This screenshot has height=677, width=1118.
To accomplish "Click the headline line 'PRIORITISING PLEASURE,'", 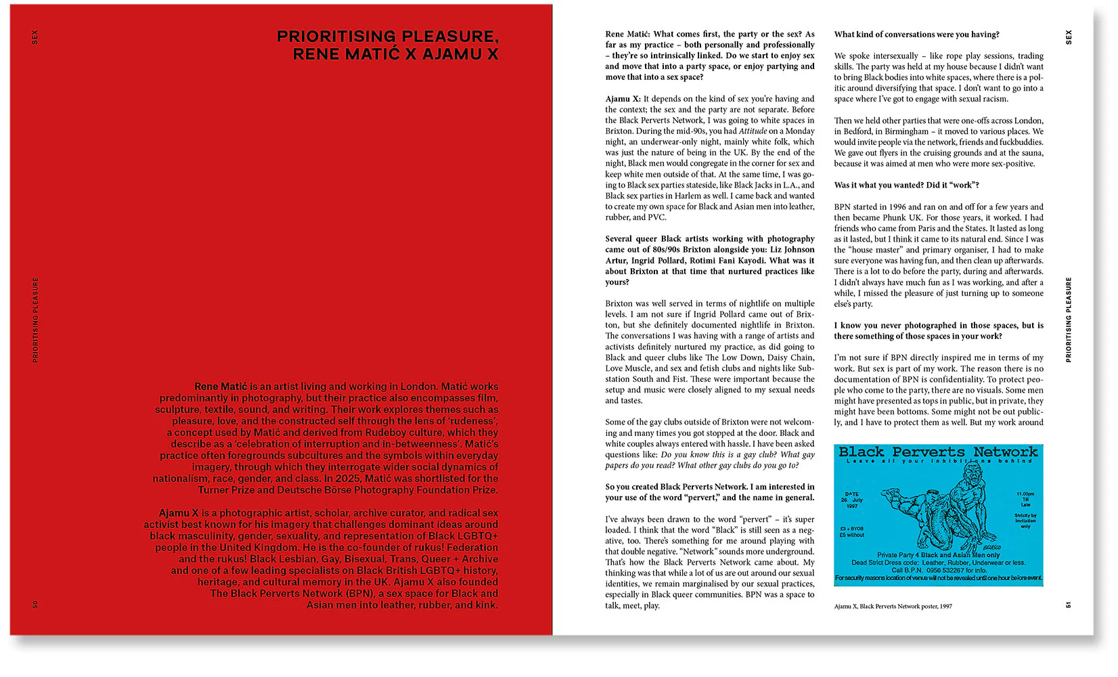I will (x=387, y=37).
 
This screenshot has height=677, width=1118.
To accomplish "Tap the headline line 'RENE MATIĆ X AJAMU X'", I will (x=395, y=54).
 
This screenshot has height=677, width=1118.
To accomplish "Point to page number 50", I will (x=36, y=604).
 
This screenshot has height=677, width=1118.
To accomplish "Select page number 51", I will (x=1069, y=605).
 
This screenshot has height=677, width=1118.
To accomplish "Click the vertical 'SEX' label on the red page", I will (x=35, y=37).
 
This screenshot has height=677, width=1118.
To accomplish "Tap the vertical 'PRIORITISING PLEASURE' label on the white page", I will (x=1069, y=320).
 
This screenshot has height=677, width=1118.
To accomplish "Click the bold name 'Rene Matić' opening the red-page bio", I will (x=221, y=387).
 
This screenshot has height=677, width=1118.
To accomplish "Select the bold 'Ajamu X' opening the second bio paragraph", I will (x=179, y=513).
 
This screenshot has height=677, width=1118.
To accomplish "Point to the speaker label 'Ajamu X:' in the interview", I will (x=623, y=99).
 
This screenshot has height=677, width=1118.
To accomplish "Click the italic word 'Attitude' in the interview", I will (x=753, y=131).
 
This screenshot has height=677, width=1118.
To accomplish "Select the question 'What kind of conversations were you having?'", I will (x=916, y=35).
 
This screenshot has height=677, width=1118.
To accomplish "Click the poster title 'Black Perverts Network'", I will (x=938, y=452).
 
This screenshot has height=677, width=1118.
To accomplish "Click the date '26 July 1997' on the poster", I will (x=852, y=500).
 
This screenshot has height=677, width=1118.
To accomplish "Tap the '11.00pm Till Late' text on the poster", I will (x=1025, y=499).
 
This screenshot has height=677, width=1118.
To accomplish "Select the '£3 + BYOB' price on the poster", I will (x=851, y=529).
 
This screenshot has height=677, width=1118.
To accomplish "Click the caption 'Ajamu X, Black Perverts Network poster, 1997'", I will (x=893, y=607).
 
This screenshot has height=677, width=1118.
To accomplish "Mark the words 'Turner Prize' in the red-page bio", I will (x=226, y=490).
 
